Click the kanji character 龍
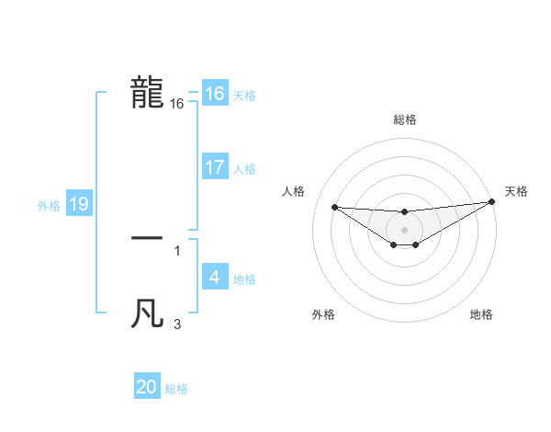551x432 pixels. click(x=148, y=94)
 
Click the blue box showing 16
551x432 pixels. click(x=215, y=94)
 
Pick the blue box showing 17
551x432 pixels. click(x=215, y=167)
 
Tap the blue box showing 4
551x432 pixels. click(x=215, y=278)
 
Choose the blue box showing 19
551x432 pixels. click(x=79, y=204)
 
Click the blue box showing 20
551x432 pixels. click(x=147, y=387)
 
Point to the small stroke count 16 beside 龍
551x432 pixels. click(x=177, y=105)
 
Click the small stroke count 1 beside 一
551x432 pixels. click(x=177, y=249)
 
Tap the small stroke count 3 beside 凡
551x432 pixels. click(x=177, y=324)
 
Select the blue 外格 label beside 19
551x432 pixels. click(x=49, y=206)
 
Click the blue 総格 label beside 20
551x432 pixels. click(x=176, y=389)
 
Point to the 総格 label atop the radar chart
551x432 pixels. click(x=404, y=119)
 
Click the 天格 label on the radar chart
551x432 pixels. click(x=516, y=191)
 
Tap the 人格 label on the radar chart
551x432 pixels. click(x=294, y=191)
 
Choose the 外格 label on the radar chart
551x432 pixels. click(x=323, y=315)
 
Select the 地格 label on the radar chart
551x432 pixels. click(x=481, y=315)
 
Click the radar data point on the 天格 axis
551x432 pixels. click(x=491, y=202)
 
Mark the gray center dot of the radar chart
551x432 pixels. click(x=404, y=229)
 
